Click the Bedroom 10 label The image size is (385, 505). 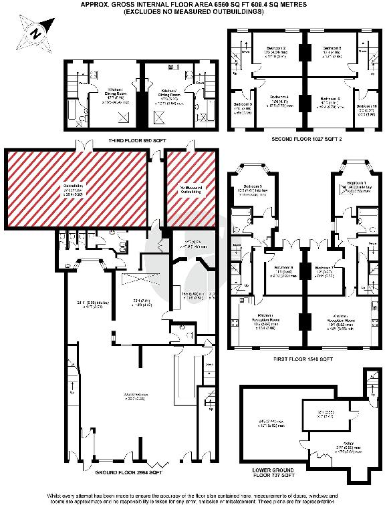(x=367, y=106)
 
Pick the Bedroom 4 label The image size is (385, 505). (x=279, y=98)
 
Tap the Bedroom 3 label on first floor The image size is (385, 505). (x=252, y=185)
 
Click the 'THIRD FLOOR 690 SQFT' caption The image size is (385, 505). (x=137, y=140)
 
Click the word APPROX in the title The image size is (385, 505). (x=94, y=4)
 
